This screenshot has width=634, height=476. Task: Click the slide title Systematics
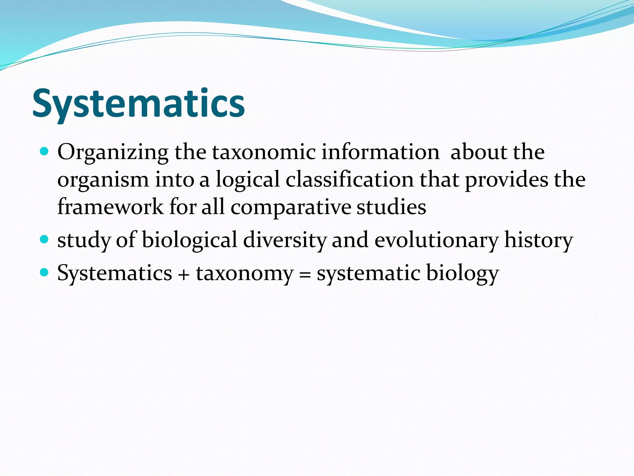coord(138,104)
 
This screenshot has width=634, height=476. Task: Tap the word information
coord(380,152)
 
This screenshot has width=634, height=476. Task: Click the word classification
coord(350,179)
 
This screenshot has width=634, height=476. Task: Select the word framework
coord(110,207)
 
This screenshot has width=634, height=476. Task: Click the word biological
coord(189,240)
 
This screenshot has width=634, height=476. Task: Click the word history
coord(539,240)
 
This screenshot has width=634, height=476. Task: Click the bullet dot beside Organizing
coord(45,152)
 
